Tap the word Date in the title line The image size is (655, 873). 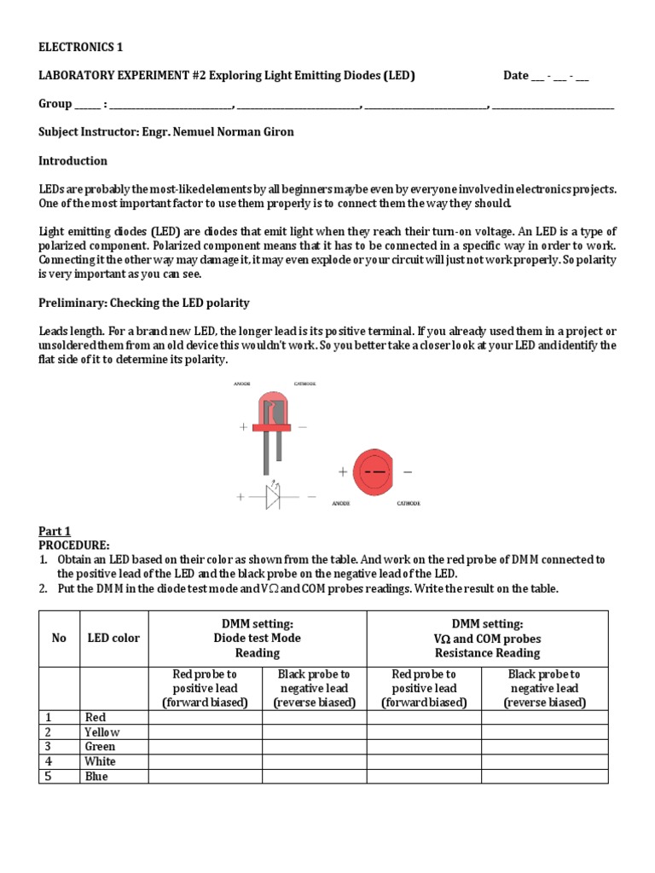516,75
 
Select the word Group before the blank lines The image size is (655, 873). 55,104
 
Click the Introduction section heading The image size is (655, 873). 73,160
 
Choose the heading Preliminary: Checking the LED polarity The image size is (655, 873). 144,303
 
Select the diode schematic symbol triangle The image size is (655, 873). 272,496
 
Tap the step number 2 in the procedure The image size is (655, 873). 43,588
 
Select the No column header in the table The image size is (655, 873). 59,638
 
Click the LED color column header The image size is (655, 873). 113,638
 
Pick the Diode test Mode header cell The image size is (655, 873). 257,638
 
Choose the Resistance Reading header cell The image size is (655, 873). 487,639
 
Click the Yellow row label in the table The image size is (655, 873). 101,731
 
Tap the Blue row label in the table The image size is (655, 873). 96,777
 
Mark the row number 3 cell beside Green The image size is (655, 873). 49,746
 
